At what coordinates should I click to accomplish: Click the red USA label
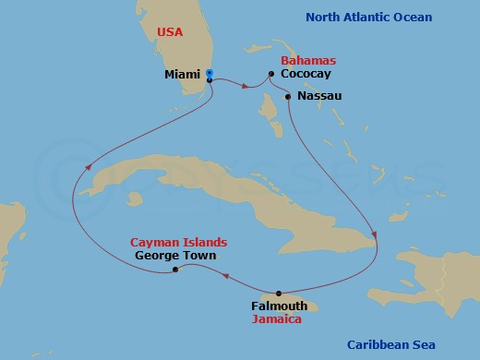coord(171,31)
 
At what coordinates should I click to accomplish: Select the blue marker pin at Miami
coord(210,73)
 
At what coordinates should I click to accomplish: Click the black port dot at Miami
coord(210,80)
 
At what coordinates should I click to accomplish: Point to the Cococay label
coord(306,74)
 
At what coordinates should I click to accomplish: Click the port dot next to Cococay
coord(270,74)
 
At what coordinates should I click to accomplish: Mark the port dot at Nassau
coord(288,96)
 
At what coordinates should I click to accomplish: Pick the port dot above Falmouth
coord(279,293)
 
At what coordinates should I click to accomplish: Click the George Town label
coord(175,255)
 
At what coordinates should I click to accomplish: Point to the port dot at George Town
coord(175,269)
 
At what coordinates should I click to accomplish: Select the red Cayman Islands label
coord(178,242)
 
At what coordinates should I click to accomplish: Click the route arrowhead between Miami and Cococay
coord(246,88)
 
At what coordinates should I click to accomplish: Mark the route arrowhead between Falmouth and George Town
coord(223,274)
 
